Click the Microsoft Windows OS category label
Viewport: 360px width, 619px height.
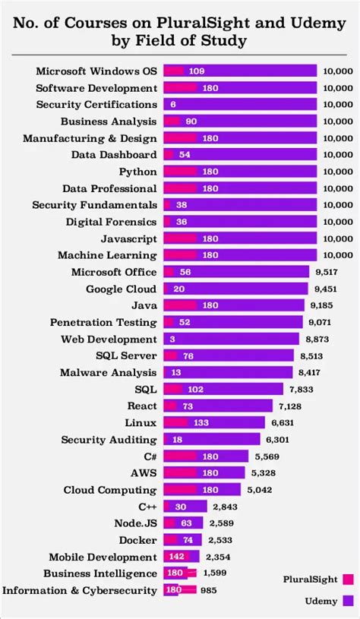click(96, 71)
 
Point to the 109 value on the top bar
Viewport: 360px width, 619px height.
click(197, 71)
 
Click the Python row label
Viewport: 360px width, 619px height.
click(138, 171)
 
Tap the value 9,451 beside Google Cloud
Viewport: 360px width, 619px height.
click(324, 289)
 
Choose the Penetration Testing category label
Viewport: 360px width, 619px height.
click(103, 322)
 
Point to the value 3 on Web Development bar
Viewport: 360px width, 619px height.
click(172, 339)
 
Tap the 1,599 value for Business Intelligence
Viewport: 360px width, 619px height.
click(215, 573)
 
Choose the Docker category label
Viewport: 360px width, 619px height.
click(138, 540)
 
